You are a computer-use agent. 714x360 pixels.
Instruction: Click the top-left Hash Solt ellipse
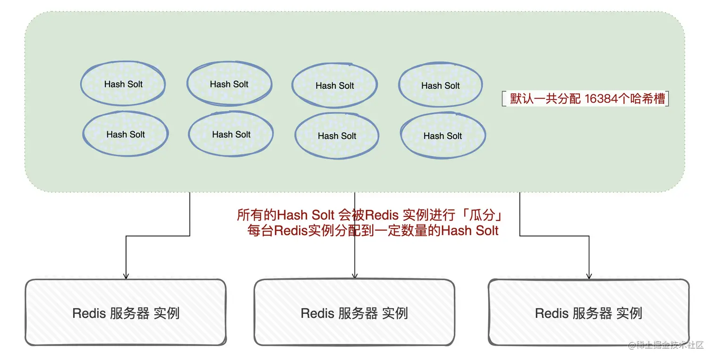[x=123, y=84]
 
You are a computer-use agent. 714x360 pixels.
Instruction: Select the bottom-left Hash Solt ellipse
[x=126, y=134]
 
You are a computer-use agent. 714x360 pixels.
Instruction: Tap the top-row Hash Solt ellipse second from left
[x=229, y=84]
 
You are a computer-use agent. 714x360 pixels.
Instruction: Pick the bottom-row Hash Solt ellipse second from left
[x=231, y=134]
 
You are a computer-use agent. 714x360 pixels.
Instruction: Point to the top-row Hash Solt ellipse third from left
[x=335, y=86]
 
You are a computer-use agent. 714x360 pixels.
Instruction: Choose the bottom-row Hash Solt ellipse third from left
[x=337, y=136]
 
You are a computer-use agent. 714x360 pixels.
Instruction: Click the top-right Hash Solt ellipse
[x=441, y=86]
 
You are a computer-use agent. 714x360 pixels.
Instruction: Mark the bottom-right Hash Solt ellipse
[x=443, y=136]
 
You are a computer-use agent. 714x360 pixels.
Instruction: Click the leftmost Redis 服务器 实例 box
[x=126, y=312]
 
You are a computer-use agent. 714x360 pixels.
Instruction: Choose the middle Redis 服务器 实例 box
[x=354, y=312]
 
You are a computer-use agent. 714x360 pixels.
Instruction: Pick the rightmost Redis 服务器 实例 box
[x=588, y=312]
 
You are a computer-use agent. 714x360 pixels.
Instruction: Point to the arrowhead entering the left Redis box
[x=126, y=276]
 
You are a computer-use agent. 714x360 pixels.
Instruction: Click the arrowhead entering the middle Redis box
[x=355, y=276]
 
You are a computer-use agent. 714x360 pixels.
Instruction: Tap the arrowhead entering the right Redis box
[x=589, y=276]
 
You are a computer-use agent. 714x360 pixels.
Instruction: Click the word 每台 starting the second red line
[x=260, y=231]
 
